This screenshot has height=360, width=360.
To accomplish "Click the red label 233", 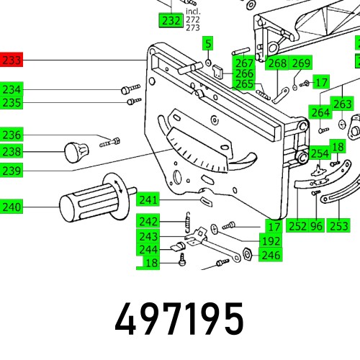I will (x=12, y=61).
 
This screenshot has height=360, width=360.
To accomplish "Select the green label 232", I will (x=171, y=21).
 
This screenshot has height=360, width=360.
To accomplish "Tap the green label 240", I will (x=12, y=207).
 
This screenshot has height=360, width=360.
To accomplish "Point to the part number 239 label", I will (x=12, y=170).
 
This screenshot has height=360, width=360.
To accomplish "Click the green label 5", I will (x=207, y=44).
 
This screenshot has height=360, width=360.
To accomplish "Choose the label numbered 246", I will (x=271, y=255).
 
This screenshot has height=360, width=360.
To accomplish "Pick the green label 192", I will (x=271, y=242).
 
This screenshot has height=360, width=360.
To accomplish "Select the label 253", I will (x=338, y=226).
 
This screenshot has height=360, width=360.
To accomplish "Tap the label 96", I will (x=315, y=226).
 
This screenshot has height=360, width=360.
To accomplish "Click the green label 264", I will (x=320, y=112).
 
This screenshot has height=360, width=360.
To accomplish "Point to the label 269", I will (x=301, y=63).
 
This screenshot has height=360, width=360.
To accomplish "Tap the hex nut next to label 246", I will (x=246, y=254).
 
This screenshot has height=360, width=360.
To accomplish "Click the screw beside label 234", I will (x=130, y=89).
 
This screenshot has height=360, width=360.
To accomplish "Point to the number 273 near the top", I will (x=192, y=28).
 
